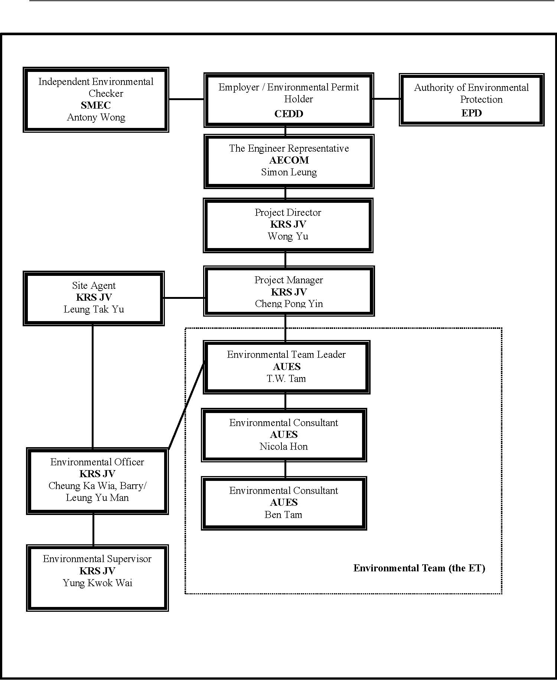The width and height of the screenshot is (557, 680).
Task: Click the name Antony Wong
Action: click(x=96, y=118)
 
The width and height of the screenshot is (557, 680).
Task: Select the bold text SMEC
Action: click(x=96, y=105)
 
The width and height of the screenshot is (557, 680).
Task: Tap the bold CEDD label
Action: click(x=289, y=114)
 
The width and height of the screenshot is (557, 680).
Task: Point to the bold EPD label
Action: click(x=472, y=113)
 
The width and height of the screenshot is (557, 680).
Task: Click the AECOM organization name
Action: click(x=289, y=160)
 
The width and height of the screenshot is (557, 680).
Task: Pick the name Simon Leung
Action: click(x=289, y=172)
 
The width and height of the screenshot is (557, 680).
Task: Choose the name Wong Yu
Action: click(x=288, y=236)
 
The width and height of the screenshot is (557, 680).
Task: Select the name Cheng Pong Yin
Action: click(x=289, y=304)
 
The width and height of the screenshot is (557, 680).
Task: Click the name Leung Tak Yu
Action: click(x=94, y=309)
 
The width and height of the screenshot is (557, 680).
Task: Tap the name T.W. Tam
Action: click(x=286, y=379)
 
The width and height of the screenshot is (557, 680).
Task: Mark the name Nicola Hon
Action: click(x=284, y=446)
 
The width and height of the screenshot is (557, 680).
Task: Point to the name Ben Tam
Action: click(x=283, y=515)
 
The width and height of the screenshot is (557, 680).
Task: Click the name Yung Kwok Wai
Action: click(x=98, y=583)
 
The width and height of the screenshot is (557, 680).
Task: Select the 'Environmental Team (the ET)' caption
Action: click(x=419, y=568)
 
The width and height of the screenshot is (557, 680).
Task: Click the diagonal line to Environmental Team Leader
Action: click(x=186, y=405)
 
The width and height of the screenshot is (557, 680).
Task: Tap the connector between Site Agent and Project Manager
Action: click(x=184, y=298)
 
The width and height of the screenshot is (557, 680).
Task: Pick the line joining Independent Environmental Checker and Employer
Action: click(x=186, y=99)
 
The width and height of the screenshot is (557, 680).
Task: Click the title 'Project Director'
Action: click(x=288, y=212)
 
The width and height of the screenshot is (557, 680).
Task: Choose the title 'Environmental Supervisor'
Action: click(x=97, y=559)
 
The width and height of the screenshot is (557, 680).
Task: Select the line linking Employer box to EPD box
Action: click(x=387, y=99)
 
